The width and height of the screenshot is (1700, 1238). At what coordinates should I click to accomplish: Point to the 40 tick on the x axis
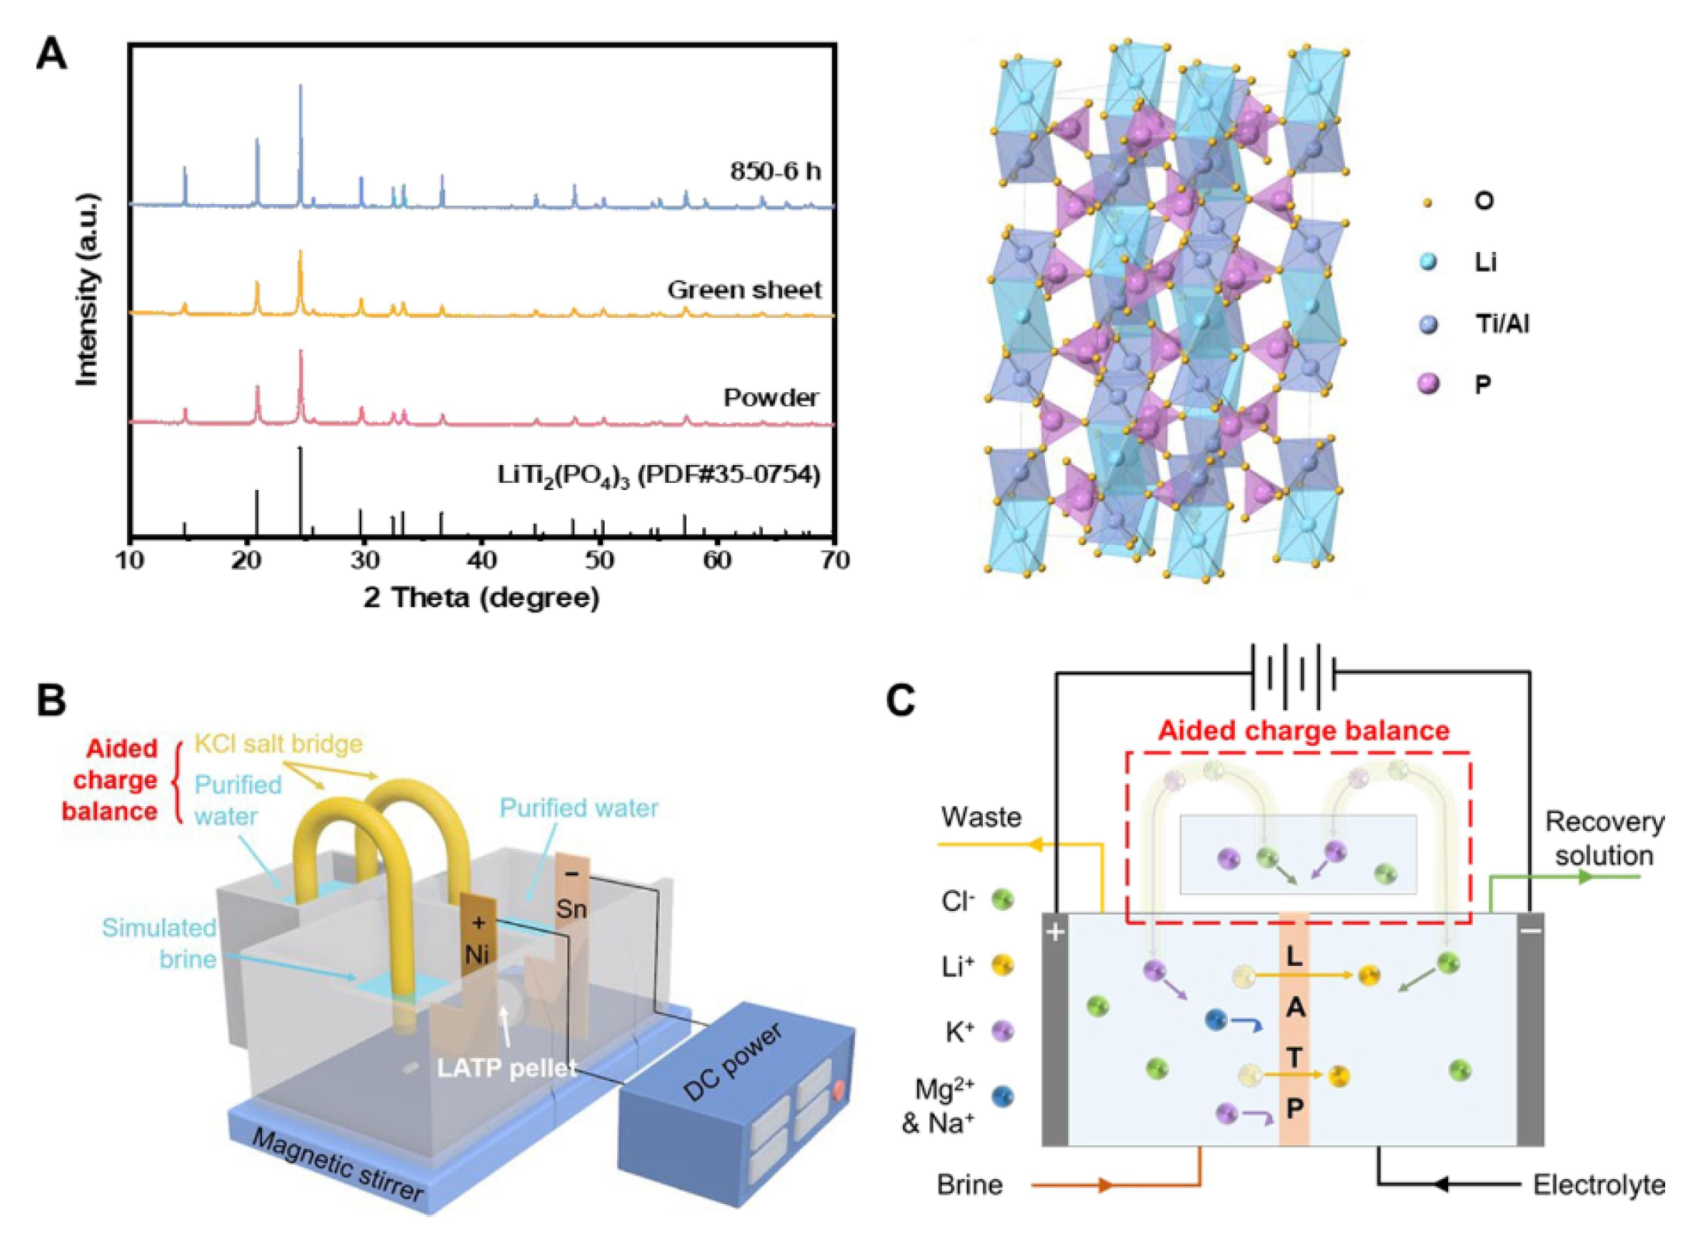(x=481, y=560)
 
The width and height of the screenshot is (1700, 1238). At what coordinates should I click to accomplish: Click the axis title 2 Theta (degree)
(x=481, y=598)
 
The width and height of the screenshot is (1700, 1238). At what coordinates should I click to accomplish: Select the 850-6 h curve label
(x=774, y=171)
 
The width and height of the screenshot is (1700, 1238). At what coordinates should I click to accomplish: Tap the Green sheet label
(x=744, y=290)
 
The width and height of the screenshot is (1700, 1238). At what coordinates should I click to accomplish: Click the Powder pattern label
(x=771, y=398)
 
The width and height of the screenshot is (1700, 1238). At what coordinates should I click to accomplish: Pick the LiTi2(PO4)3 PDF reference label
(x=658, y=474)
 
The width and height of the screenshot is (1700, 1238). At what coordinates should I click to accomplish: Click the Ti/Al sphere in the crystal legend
(x=1428, y=324)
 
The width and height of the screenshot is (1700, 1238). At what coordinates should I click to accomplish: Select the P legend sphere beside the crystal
(x=1428, y=384)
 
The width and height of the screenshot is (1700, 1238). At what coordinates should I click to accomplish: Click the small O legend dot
(x=1427, y=203)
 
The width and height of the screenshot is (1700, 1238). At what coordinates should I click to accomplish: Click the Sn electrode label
(x=571, y=909)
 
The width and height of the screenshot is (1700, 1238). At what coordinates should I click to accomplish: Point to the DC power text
(x=733, y=1063)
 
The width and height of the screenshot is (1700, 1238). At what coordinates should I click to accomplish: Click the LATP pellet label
(x=507, y=1068)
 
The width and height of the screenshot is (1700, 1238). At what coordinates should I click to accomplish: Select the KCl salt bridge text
(x=278, y=744)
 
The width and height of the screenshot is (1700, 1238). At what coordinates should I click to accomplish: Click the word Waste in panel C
(x=981, y=817)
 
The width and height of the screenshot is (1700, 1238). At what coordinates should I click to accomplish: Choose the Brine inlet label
(x=969, y=1185)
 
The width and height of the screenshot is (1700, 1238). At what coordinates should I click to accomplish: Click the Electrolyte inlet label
(x=1598, y=1185)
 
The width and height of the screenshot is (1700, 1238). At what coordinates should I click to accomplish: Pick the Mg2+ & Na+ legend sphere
(x=1002, y=1096)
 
